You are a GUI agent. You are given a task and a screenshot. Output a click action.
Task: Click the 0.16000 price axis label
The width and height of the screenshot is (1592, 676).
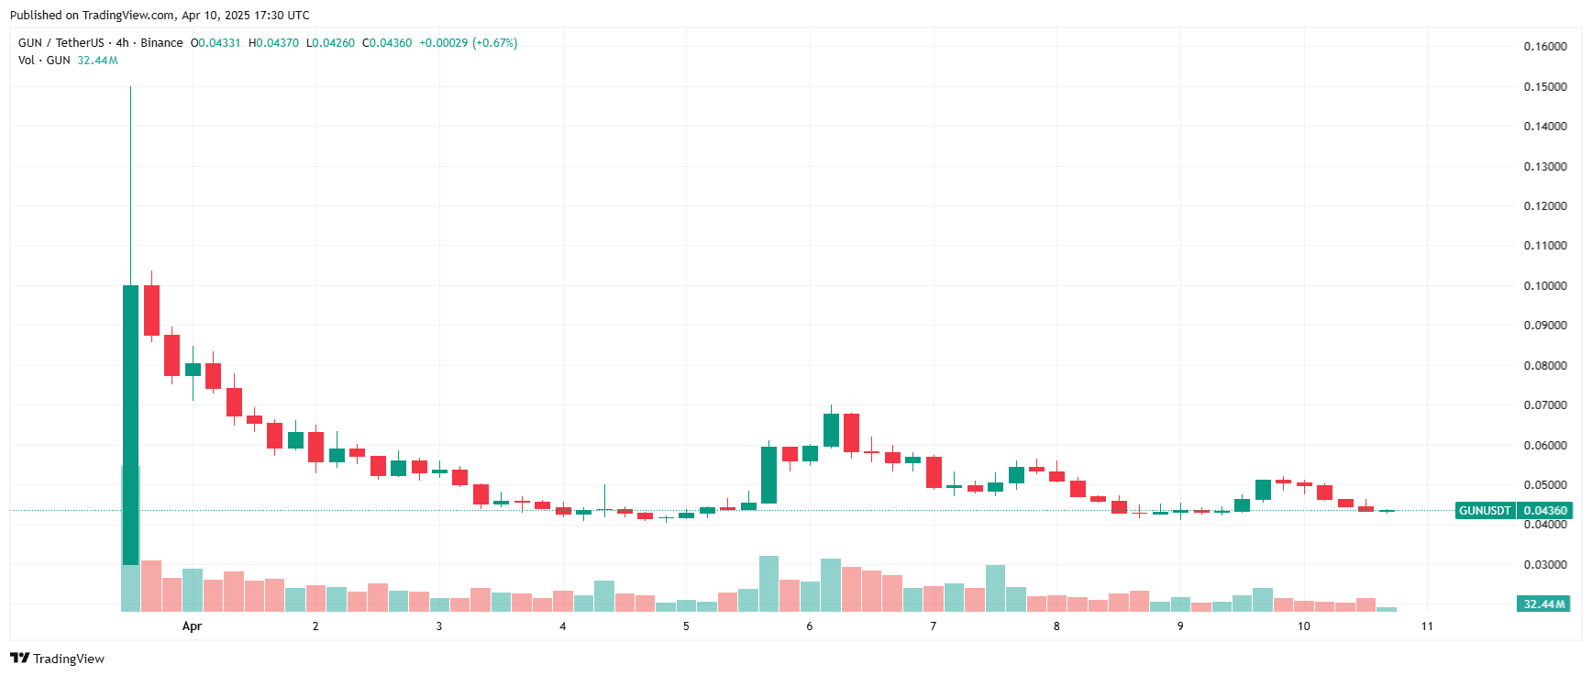1544,47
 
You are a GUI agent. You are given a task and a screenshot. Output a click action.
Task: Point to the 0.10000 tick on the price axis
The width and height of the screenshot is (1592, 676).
1544,286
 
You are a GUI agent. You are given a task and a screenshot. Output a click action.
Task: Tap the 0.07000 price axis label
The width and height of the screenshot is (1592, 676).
1544,405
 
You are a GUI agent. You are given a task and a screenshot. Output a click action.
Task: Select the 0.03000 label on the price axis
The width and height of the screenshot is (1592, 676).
1544,565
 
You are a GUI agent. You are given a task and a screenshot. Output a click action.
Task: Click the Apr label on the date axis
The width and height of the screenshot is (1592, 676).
192,626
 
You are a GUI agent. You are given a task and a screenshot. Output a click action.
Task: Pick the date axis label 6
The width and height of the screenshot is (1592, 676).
809,626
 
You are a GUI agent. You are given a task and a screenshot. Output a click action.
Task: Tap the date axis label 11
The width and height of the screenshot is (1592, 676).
1427,626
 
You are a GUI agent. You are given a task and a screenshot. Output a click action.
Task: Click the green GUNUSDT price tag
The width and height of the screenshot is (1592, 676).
1485,511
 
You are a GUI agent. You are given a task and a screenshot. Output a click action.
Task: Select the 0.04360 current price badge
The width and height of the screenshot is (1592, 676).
1544,511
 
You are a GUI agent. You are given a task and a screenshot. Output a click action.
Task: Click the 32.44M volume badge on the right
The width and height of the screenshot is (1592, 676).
1544,604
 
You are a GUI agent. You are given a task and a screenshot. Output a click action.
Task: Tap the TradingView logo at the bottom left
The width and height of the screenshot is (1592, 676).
58,659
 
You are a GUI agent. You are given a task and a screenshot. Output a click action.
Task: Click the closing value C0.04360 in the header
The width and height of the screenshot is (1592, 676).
387,43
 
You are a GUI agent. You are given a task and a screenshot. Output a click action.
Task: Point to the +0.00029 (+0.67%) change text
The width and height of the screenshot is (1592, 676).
468,43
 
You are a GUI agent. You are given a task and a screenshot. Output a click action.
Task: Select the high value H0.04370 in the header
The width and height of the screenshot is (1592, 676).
273,43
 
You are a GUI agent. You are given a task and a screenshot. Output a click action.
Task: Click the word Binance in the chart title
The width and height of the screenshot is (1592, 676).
161,43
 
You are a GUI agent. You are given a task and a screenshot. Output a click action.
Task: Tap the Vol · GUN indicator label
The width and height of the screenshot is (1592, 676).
44,61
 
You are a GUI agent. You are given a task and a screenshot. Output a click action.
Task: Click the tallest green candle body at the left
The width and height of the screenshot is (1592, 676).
130,422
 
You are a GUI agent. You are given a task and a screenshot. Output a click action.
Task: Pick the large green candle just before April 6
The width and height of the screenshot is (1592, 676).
768,475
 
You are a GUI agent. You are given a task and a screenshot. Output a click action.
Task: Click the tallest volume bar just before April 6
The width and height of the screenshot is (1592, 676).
768,583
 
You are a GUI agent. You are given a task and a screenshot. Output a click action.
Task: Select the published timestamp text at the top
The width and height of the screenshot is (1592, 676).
160,16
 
